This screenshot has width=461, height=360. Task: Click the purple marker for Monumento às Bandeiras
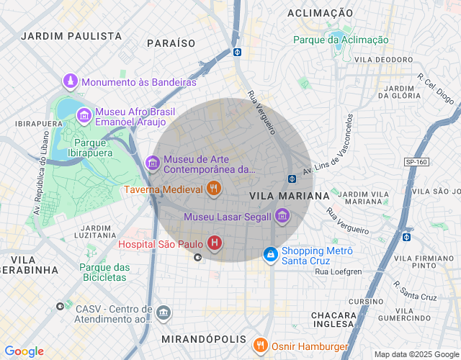[71, 81]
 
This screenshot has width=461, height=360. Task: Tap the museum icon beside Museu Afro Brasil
[84, 115]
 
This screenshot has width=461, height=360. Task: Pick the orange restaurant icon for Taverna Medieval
[213, 189]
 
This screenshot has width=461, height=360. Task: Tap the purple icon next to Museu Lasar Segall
[282, 216]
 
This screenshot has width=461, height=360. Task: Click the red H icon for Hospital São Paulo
[215, 243]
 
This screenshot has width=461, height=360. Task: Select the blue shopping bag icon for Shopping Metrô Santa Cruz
[270, 254]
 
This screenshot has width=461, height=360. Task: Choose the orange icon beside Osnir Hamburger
[261, 346]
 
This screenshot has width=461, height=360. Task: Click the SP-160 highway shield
[416, 162]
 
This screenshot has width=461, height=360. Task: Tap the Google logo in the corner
[24, 351]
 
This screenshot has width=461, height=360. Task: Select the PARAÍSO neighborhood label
[171, 43]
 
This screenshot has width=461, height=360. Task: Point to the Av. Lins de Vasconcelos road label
[328, 146]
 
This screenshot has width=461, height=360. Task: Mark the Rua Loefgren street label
[338, 271]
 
